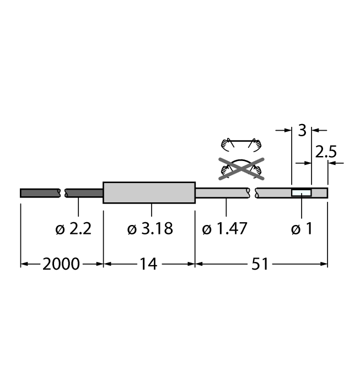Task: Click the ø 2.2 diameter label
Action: point(73,229)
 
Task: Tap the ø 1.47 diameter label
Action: point(224,229)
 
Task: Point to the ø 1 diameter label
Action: point(302,229)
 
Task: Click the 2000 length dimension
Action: point(61,264)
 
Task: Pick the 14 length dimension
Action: point(148,264)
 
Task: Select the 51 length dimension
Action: point(260,264)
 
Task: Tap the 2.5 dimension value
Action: point(325,152)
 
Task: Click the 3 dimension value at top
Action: point(302,131)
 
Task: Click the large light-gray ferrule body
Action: point(149,192)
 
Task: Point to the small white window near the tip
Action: point(301,192)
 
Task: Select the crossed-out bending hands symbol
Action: point(240,168)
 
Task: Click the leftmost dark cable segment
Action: point(40,192)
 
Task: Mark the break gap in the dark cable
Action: point(62,192)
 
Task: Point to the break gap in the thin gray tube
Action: point(254,192)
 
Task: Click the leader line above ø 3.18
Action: point(151,211)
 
